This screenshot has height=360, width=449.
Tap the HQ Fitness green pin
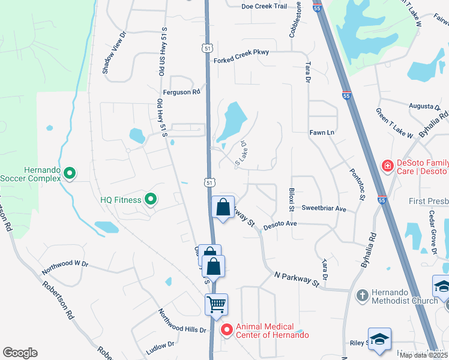click(151, 199)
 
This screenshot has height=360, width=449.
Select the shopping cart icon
click(216, 304)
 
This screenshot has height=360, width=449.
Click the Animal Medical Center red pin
click(226, 329)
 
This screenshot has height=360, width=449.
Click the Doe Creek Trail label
click(264, 6)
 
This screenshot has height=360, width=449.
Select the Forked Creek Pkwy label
click(241, 53)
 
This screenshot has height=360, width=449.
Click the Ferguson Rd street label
click(184, 92)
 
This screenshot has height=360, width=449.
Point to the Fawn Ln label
click(322, 132)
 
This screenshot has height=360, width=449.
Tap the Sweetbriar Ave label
click(324, 209)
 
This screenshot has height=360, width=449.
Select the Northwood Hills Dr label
click(182, 321)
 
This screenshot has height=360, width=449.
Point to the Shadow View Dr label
click(115, 53)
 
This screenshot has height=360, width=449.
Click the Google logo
click(20, 353)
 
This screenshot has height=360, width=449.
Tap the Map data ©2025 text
click(422, 355)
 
